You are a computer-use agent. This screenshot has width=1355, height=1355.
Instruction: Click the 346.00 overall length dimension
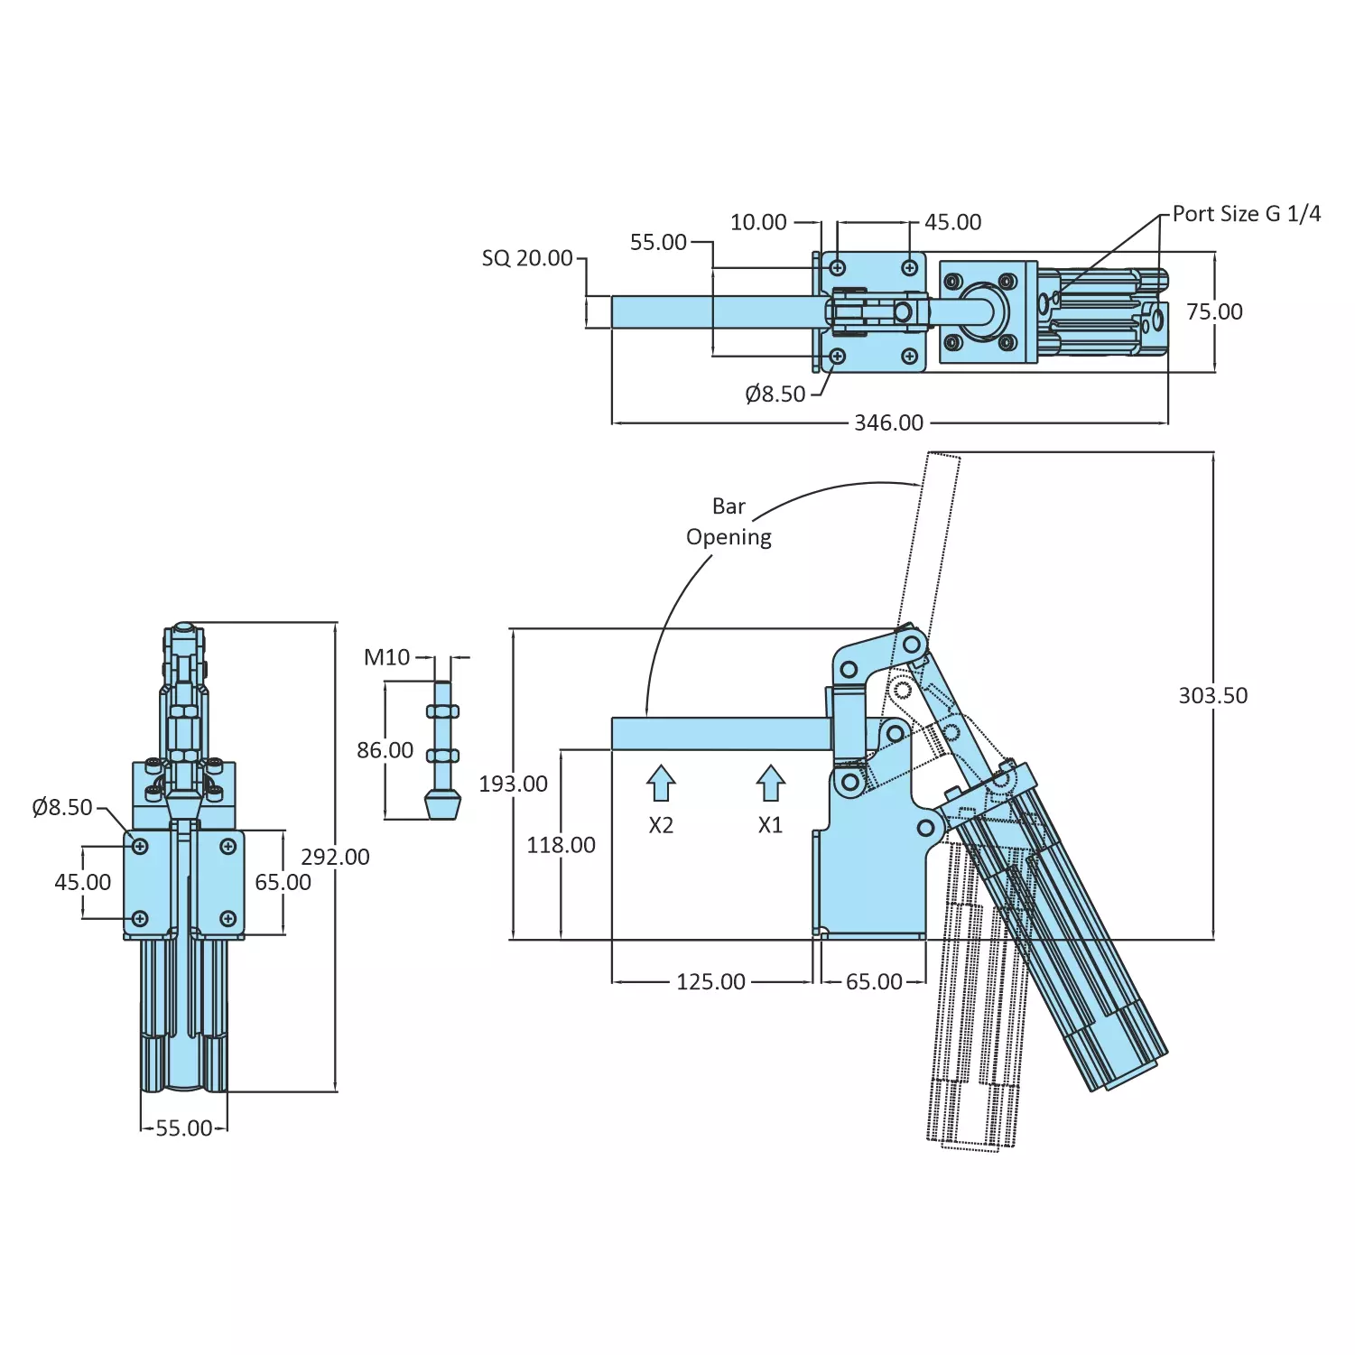click(888, 422)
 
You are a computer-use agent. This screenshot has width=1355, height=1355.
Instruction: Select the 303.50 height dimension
click(1212, 695)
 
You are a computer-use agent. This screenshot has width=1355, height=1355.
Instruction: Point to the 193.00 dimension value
click(513, 784)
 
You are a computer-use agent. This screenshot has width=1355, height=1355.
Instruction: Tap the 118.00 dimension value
click(561, 845)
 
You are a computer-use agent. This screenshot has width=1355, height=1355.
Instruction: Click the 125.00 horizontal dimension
click(710, 981)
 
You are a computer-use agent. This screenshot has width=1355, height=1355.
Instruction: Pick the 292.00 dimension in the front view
click(335, 857)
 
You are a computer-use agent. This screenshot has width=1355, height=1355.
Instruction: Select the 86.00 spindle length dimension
click(385, 750)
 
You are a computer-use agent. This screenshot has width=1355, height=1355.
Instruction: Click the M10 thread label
click(386, 657)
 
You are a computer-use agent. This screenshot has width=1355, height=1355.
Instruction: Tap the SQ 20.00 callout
click(527, 258)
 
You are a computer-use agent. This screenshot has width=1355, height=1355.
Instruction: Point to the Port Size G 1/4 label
click(1246, 214)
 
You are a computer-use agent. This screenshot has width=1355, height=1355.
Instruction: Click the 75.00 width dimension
click(1214, 311)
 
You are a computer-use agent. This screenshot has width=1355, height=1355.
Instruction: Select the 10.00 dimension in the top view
click(758, 222)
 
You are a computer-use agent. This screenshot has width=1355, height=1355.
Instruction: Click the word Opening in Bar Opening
click(729, 537)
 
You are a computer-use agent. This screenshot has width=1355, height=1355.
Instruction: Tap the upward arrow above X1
click(770, 783)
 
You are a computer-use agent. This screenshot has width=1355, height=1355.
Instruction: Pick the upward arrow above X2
click(661, 783)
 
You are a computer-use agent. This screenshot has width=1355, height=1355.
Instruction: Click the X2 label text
click(661, 825)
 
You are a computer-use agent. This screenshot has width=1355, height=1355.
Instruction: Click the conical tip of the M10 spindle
click(442, 804)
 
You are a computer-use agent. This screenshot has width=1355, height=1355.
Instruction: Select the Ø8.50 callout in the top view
click(775, 394)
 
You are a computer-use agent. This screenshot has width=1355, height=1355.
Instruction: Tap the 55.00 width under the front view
click(184, 1128)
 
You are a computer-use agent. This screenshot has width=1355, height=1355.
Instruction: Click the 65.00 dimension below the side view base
click(873, 981)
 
